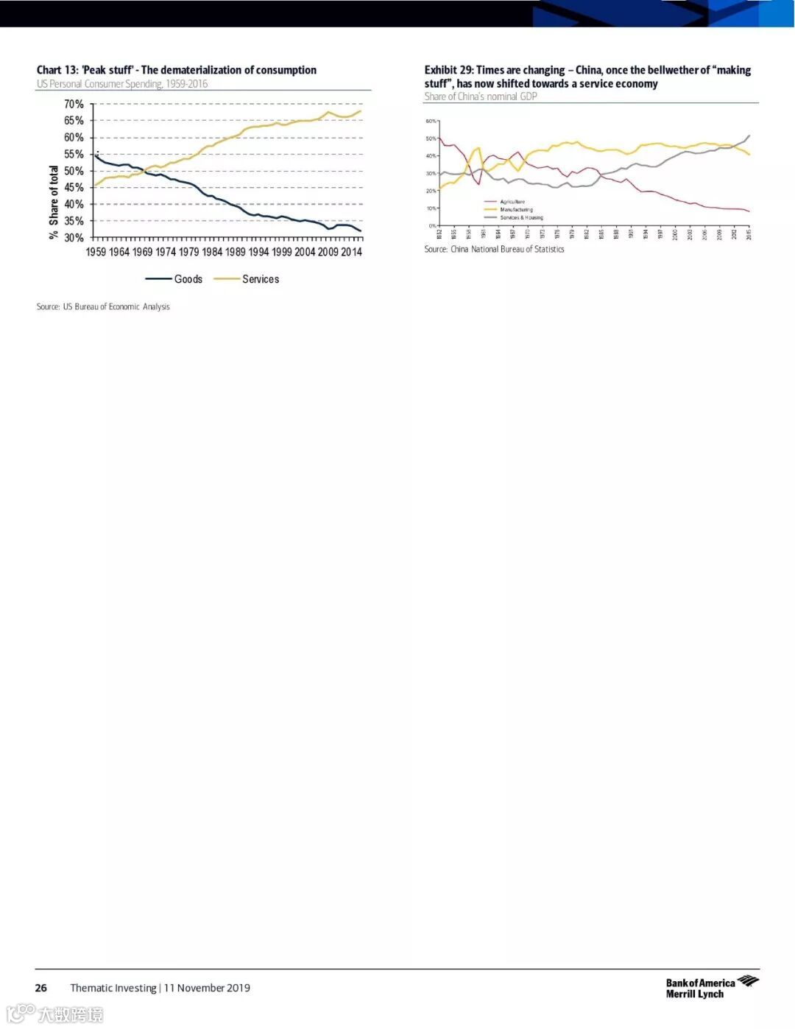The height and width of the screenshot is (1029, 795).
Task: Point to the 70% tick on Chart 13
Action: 74,105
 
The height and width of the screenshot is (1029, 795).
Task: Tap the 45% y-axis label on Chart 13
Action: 74,188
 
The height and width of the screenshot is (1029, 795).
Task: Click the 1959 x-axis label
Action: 96,252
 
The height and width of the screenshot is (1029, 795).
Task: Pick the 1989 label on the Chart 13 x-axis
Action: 236,252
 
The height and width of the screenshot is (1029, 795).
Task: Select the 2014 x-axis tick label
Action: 351,252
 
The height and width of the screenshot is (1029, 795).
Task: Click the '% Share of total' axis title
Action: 53,202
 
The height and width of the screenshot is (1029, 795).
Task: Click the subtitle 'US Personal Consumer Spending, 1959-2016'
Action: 122,84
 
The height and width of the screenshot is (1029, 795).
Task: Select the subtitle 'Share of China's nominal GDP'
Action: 481,96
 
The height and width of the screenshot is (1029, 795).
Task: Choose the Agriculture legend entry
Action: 512,202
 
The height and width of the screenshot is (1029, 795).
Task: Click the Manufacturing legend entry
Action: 516,210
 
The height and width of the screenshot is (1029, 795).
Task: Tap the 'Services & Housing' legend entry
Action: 521,218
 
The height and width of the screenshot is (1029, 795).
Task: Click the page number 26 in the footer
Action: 41,988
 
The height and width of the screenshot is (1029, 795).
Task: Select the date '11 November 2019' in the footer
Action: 207,988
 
